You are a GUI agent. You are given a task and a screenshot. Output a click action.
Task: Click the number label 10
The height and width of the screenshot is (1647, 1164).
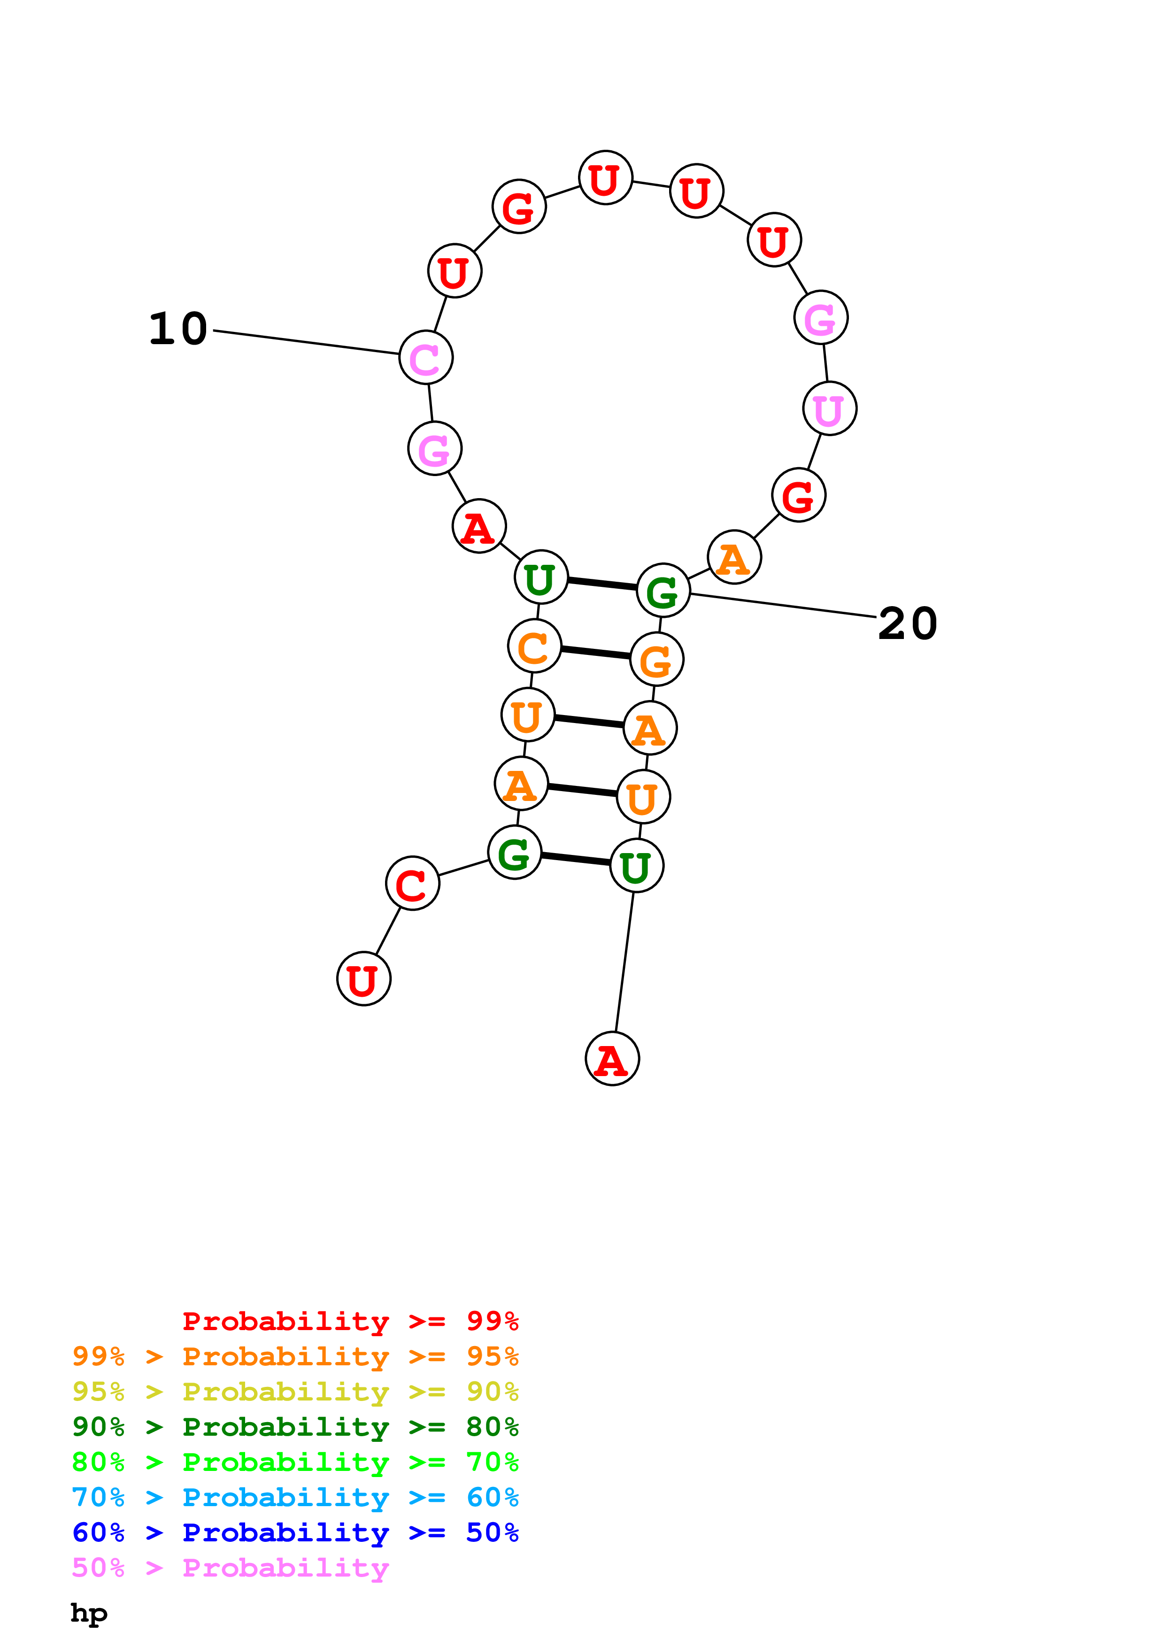click(178, 329)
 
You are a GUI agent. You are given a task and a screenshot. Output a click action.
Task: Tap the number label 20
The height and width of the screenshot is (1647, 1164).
click(907, 623)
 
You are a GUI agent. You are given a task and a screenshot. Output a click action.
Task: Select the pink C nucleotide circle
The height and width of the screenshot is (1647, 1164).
click(425, 357)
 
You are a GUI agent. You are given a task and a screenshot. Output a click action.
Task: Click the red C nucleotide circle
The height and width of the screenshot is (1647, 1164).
click(412, 883)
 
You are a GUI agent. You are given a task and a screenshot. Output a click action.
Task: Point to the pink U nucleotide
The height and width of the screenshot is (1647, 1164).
click(829, 409)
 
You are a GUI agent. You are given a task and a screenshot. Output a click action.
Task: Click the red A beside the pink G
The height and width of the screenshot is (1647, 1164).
click(478, 526)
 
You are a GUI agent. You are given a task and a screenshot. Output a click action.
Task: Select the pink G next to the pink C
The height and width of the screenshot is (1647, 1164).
click(434, 449)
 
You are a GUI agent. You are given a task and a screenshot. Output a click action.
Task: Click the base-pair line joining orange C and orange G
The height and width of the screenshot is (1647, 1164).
click(595, 653)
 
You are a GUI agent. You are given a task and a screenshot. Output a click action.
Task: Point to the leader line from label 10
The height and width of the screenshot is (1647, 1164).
click(305, 342)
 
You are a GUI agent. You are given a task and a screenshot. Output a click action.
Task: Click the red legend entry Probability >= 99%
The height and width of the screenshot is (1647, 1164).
click(350, 1321)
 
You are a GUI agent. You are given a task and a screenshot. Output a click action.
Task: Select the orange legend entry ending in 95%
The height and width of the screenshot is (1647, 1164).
click(295, 1356)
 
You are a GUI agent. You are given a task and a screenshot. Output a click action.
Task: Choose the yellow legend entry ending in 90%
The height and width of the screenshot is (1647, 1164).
click(295, 1392)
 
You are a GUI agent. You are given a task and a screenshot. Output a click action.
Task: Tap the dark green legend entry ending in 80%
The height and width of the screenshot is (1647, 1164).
click(295, 1427)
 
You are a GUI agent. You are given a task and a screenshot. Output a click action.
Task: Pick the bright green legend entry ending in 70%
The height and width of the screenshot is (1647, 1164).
click(295, 1462)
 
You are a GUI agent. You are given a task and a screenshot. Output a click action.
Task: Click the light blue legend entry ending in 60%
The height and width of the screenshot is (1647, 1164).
click(295, 1497)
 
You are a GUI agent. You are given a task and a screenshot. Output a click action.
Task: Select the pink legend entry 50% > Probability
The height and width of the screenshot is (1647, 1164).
click(230, 1567)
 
